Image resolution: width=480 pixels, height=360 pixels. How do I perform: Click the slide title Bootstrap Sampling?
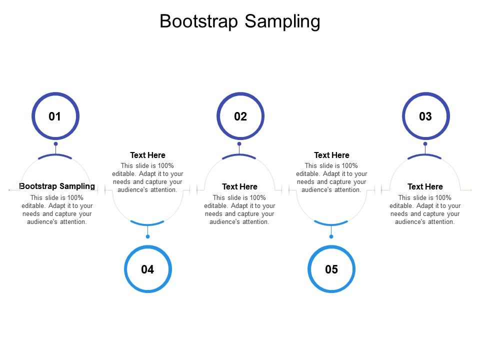240,21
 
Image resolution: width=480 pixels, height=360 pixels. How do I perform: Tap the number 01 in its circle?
55,116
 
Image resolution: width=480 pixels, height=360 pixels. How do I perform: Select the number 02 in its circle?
240,116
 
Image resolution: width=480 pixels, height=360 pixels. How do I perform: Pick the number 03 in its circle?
425,116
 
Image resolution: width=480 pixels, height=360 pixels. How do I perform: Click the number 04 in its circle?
147,269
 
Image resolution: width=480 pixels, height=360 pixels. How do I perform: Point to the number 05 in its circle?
331,269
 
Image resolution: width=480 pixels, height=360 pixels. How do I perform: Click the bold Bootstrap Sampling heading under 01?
57,186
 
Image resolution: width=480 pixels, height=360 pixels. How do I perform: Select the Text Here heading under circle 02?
239,186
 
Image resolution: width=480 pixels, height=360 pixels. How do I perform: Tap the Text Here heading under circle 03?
425,186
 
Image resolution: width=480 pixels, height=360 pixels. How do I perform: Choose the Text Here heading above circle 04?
147,155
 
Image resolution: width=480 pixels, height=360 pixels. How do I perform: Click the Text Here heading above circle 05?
331,155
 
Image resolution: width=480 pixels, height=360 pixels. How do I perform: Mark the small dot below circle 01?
55,144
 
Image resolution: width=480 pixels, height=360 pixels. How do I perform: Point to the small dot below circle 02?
239,144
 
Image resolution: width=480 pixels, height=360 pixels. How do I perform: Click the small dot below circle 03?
425,144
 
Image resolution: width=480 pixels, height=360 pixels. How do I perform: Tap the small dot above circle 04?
147,236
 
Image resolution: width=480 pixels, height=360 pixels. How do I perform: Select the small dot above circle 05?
331,236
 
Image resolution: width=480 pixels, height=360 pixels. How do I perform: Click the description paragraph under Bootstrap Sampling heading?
57,209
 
